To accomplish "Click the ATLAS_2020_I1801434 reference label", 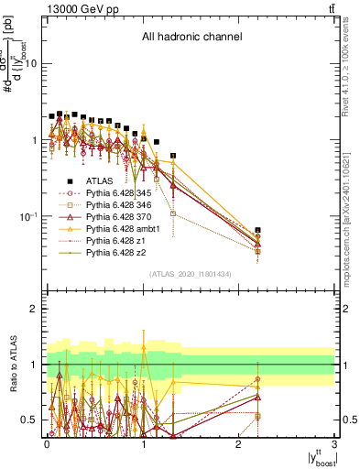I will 191,274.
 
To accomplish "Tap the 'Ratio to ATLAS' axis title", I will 14,364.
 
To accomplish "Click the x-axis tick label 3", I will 335,443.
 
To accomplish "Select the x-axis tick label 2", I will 239,443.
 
